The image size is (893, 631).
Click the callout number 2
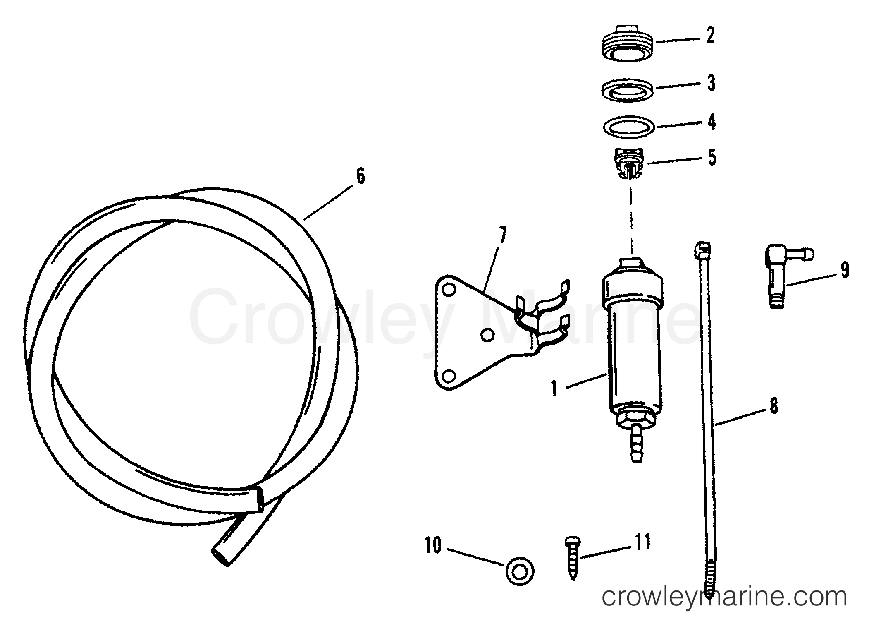click(x=710, y=36)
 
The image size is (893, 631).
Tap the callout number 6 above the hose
click(x=361, y=177)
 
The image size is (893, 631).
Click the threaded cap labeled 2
click(x=626, y=44)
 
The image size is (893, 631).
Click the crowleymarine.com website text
click(x=724, y=597)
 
